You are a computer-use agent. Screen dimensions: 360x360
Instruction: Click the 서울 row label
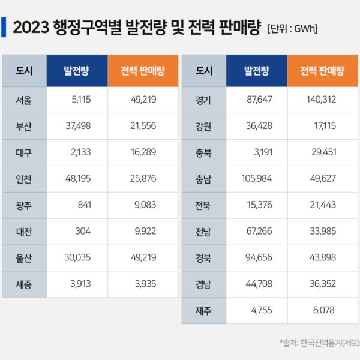point(25,100)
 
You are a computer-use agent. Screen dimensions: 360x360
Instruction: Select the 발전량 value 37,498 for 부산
point(77,126)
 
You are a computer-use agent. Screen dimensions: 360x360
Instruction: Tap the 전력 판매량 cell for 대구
point(143,152)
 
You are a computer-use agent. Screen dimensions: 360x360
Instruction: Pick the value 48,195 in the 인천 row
point(77,179)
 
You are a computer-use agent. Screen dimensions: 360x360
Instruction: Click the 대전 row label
point(25,232)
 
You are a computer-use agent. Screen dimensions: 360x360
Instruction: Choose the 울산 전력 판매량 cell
point(143,258)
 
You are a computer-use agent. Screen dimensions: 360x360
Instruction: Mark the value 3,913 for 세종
point(79,284)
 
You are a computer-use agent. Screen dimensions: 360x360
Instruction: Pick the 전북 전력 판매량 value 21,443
point(323,205)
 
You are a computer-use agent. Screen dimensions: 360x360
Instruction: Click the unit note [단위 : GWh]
point(292,28)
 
